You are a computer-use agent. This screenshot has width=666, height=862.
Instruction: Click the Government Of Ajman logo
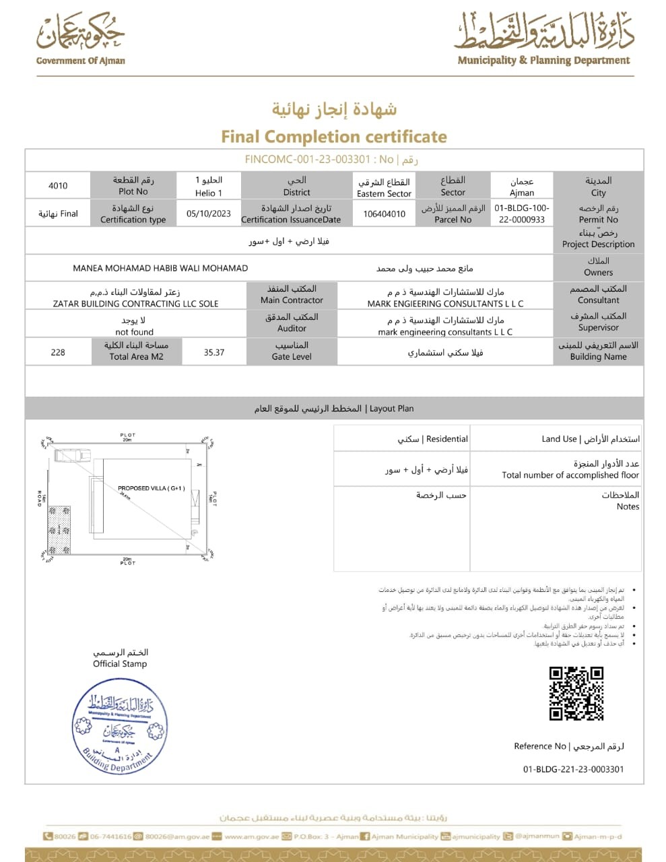click(81, 38)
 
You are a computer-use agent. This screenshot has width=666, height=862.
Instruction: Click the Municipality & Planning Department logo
click(544, 38)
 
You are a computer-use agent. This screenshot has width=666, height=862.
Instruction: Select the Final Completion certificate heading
click(334, 137)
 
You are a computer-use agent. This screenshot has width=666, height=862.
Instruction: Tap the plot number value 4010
click(58, 186)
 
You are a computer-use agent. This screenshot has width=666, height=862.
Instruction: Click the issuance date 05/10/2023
click(209, 213)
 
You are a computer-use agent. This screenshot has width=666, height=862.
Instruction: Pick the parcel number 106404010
click(385, 214)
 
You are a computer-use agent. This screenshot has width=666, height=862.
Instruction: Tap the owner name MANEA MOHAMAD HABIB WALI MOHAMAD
click(160, 268)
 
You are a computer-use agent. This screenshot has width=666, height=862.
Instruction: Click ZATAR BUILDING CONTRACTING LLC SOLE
click(136, 304)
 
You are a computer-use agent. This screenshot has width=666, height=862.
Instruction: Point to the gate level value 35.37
click(214, 352)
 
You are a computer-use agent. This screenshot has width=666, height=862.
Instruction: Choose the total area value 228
click(58, 352)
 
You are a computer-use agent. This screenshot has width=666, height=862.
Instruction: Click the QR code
click(576, 694)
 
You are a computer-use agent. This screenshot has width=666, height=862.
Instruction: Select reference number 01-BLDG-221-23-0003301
click(574, 769)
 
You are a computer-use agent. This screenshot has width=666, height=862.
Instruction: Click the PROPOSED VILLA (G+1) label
click(152, 488)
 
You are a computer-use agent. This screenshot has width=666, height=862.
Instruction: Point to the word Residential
click(447, 439)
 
